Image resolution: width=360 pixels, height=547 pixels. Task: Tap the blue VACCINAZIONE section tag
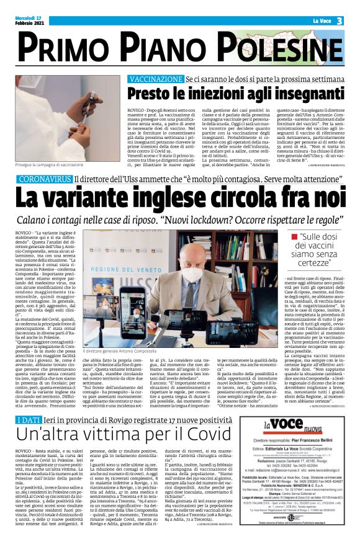pyautogui.click(x=155, y=80)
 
